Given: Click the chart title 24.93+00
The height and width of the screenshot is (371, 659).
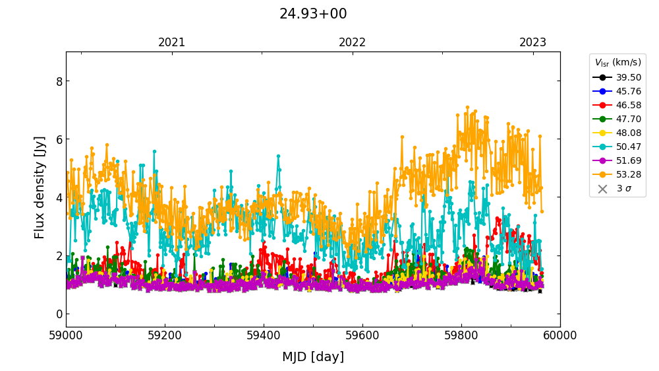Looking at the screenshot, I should click(313, 14).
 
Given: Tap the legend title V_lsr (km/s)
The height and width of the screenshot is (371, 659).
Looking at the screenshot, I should click(617, 63).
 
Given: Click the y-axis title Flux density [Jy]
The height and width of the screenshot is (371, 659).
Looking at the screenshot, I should click(40, 188).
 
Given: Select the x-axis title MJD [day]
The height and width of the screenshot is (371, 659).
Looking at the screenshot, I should click(313, 357).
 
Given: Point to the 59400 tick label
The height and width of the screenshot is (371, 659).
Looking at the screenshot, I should click(264, 335).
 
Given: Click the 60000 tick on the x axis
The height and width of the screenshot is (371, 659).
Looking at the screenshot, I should click(560, 335).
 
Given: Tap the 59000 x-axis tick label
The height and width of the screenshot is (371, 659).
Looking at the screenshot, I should click(66, 335).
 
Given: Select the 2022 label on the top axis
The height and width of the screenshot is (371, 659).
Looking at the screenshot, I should click(353, 42).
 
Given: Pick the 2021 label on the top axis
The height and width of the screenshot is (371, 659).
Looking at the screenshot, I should click(172, 42).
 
